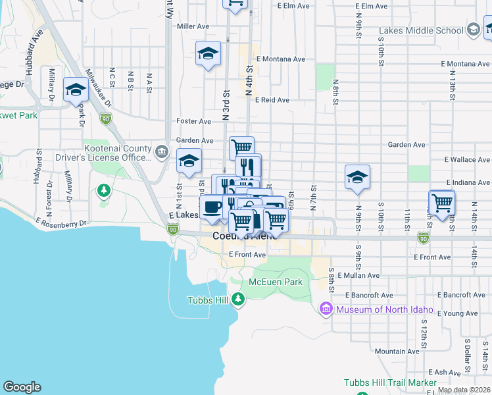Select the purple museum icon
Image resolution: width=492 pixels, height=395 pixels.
pyautogui.click(x=326, y=309)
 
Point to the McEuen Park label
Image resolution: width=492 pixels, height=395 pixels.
pyautogui.click(x=275, y=282)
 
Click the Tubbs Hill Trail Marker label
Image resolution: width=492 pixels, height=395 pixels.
pyautogui.click(x=390, y=382)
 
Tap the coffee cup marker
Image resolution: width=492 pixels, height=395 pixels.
pyautogui.click(x=211, y=207)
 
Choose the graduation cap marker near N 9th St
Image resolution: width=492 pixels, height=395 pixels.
pyautogui.click(x=357, y=176)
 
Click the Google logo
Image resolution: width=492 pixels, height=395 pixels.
pyautogui.click(x=22, y=387)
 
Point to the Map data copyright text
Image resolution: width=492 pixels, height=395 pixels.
pyautogui.click(x=464, y=390)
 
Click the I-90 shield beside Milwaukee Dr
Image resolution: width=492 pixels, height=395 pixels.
pyautogui.click(x=106, y=118)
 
